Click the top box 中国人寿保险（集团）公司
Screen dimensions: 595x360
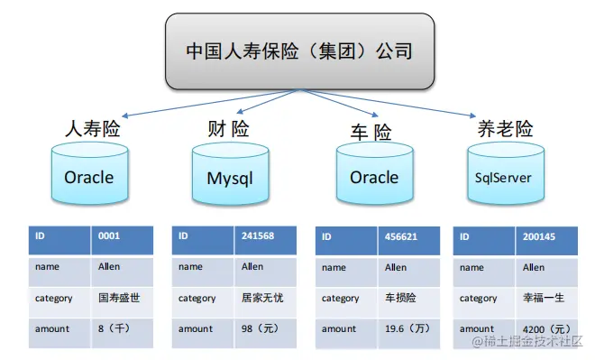(x=299, y=51)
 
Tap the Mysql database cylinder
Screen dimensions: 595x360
(x=230, y=174)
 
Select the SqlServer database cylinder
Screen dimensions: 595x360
(x=506, y=173)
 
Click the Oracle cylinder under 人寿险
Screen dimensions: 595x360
(x=89, y=173)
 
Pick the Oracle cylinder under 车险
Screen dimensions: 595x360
(x=374, y=173)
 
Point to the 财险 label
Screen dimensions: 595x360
(x=228, y=129)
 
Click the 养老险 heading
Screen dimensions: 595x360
(x=505, y=129)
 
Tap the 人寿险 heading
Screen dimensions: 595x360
(x=93, y=129)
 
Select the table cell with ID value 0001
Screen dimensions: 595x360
(x=123, y=240)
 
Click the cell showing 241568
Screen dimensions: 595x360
(x=266, y=240)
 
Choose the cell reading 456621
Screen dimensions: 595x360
(x=409, y=241)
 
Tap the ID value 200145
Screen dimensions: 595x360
(x=547, y=241)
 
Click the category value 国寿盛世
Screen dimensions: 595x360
(x=123, y=302)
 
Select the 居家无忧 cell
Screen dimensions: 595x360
(x=266, y=302)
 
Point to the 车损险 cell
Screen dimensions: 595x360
(x=409, y=302)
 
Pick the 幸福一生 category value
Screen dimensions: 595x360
(x=547, y=302)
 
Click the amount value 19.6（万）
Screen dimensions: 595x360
(x=409, y=334)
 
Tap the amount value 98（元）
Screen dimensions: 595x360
(x=266, y=334)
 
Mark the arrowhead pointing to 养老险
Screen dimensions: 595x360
(x=472, y=115)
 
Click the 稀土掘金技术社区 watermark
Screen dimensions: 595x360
(x=527, y=341)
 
